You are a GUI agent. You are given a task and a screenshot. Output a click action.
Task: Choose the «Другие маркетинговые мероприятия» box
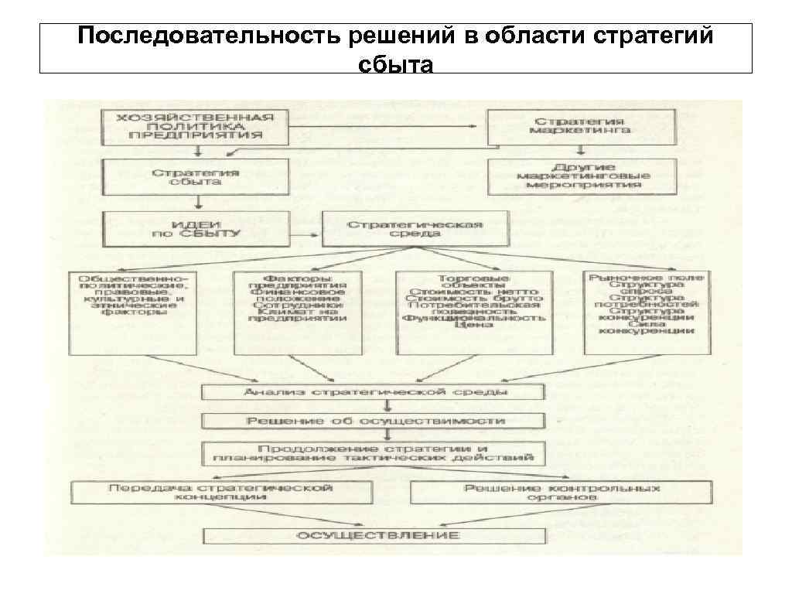(x=581, y=177)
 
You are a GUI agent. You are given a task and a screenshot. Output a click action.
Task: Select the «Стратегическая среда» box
(x=415, y=228)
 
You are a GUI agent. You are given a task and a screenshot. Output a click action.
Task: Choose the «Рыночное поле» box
(x=639, y=312)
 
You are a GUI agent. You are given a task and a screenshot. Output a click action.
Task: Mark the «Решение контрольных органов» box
(x=562, y=493)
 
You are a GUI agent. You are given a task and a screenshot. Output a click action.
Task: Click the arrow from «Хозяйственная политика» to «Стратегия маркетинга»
(x=387, y=126)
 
